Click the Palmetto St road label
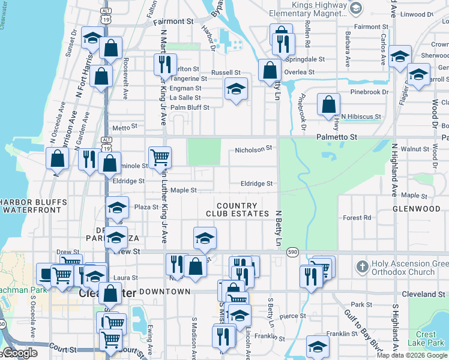coord(337,137)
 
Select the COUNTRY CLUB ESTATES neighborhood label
coord(237,209)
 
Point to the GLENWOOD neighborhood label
coord(417,209)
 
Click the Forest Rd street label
coord(357,218)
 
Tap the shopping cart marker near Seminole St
coord(159,157)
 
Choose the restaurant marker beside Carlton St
coord(163,64)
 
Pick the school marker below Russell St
coord(237,89)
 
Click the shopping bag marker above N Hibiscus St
coord(328,104)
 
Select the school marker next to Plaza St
coord(118,208)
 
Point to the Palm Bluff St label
coord(190,108)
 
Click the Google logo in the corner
coord(19,353)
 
